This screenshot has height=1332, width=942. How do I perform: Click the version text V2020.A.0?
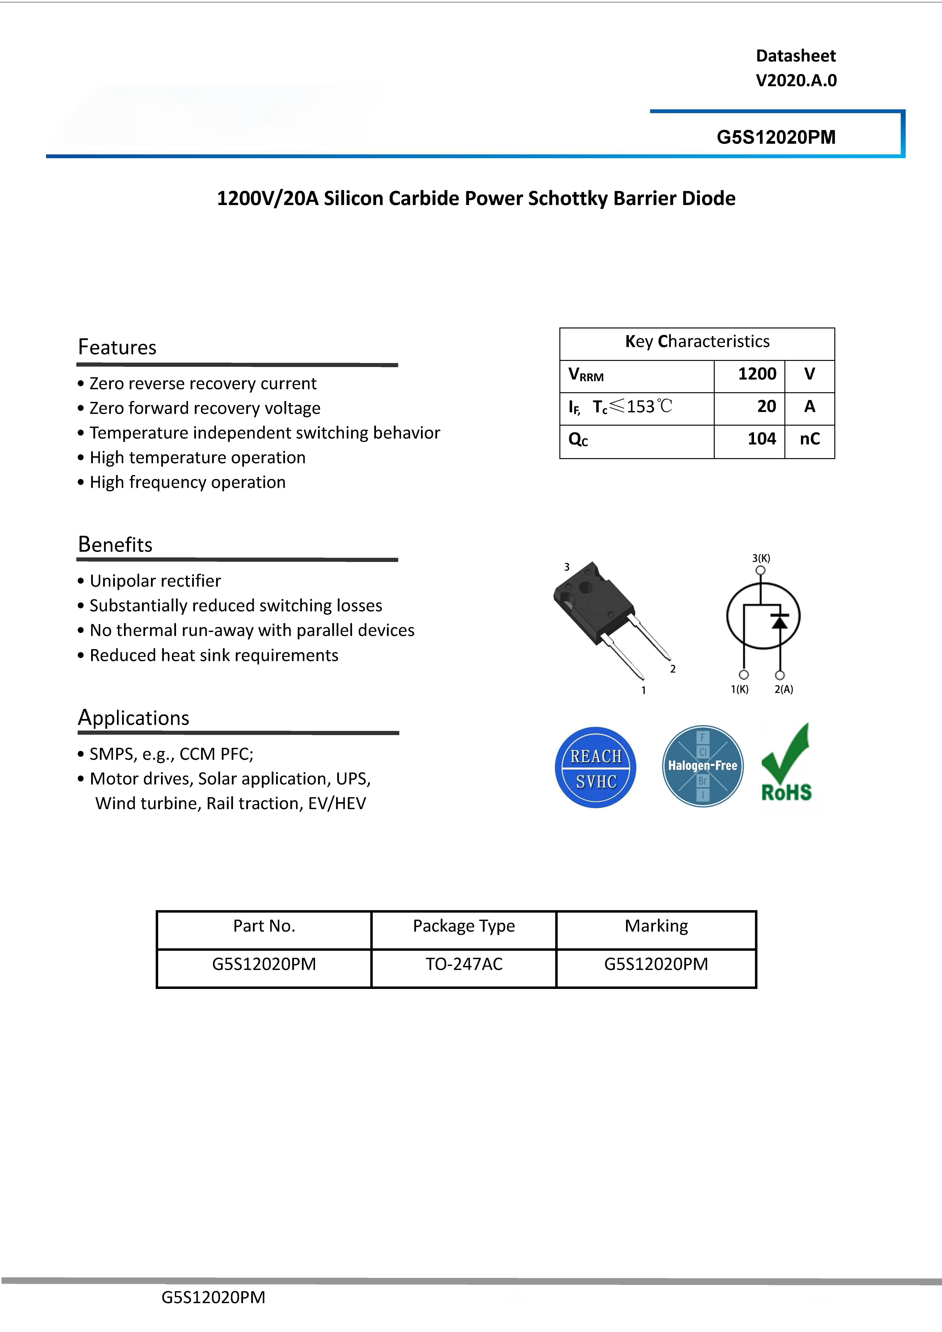(796, 81)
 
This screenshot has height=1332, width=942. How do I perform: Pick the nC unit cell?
(810, 439)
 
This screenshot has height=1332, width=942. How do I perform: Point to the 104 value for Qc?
(761, 439)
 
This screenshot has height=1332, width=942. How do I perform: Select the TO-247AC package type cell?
(464, 964)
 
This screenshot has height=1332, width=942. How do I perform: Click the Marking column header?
(656, 926)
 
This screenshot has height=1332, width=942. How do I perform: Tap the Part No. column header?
(264, 926)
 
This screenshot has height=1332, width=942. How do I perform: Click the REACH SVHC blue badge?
(595, 768)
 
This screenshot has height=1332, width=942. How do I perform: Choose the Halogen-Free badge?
(702, 766)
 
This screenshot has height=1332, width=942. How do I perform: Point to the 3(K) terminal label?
(761, 558)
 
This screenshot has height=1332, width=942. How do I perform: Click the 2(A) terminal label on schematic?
(784, 689)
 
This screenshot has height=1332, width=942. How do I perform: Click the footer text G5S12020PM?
(213, 1297)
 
